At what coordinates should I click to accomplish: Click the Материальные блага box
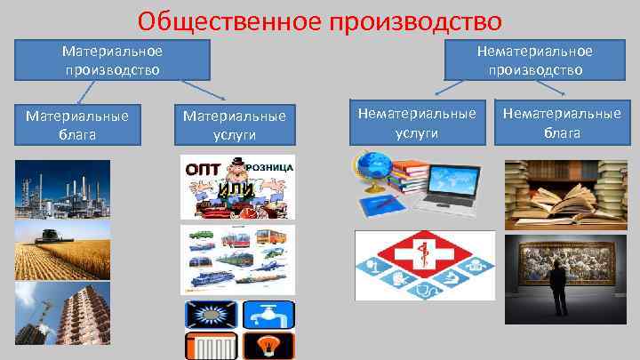click(x=77, y=125)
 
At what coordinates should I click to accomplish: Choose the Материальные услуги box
click(x=234, y=125)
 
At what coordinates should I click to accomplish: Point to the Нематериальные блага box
click(x=561, y=125)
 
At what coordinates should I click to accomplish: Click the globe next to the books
click(x=372, y=173)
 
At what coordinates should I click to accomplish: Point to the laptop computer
click(x=456, y=188)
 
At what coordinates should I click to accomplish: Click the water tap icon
click(x=266, y=315)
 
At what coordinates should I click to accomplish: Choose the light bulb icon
click(x=266, y=347)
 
